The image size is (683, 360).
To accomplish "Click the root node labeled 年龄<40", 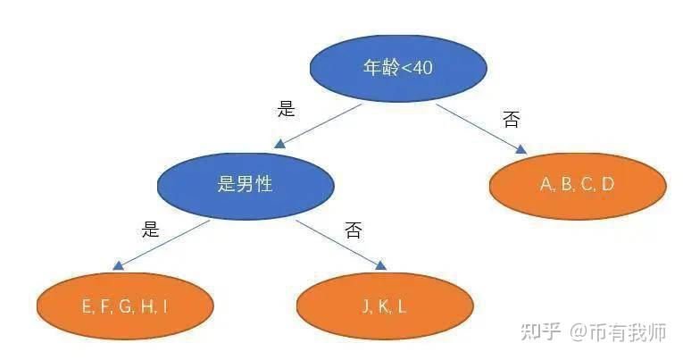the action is tap(398, 69).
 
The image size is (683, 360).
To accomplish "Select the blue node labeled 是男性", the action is tap(246, 186).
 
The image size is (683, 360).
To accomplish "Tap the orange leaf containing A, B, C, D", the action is tap(578, 186).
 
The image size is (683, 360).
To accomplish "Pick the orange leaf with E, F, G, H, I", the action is tap(125, 306).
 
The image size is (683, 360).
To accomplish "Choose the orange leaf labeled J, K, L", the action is tap(385, 306).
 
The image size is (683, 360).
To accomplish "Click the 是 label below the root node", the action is tap(287, 108).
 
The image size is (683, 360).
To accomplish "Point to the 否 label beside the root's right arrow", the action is tap(511, 119).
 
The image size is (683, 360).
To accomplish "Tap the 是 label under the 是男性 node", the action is tap(150, 229).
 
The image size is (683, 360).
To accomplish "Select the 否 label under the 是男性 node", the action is tap(353, 230).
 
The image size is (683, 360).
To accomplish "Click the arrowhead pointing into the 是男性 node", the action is tap(279, 144).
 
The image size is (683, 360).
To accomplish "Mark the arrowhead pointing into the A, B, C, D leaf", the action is tap(521, 149).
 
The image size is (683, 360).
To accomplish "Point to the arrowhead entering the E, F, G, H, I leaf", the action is tap(118, 265).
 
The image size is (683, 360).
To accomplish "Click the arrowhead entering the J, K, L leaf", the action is tap(380, 265).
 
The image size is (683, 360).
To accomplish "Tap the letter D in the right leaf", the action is tap(608, 184).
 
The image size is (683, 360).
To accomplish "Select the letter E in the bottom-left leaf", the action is tap(87, 306).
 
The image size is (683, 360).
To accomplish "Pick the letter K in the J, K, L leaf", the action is tap(384, 306).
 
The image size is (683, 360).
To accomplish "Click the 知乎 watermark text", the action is tap(540, 332).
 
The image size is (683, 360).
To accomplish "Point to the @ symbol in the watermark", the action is tap(579, 332).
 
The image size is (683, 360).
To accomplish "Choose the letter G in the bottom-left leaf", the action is tap(126, 306).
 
